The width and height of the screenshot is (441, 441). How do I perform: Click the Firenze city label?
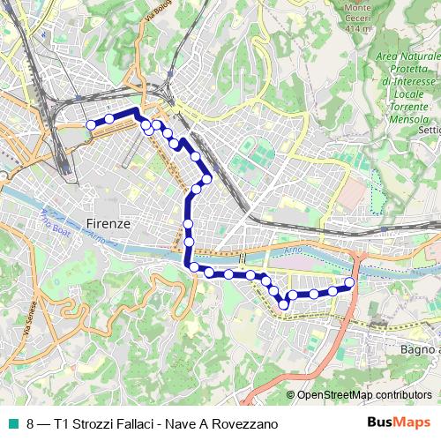109,224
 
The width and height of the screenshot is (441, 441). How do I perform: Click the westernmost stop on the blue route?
90,125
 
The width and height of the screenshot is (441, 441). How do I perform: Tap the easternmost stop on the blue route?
349,283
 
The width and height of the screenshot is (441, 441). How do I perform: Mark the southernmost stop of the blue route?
284,305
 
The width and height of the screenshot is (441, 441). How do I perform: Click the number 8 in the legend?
31,423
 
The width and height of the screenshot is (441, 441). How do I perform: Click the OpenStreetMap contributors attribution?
364,395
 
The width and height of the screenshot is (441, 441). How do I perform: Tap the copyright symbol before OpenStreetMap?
291,395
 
